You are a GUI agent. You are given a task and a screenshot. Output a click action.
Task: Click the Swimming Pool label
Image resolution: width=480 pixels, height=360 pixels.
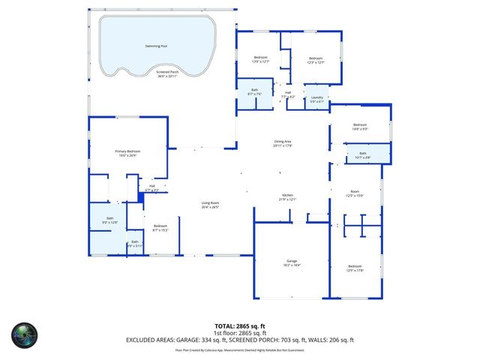tap(157, 46)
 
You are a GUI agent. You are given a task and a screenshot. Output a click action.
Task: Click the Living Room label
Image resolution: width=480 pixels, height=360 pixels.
tap(209, 205)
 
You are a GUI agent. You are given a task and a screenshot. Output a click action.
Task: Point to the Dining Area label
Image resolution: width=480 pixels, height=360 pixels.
tap(282, 143)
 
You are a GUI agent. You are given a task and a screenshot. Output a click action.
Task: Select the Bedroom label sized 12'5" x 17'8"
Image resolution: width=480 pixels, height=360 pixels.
tap(355, 268)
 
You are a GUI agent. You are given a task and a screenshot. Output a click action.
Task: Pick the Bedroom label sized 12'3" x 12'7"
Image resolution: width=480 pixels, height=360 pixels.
tap(316, 60)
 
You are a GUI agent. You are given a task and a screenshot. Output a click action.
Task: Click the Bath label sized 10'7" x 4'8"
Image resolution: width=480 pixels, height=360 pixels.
tap(363, 155)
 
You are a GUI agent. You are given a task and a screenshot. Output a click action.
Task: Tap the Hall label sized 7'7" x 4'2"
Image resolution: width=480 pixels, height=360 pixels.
tap(288, 94)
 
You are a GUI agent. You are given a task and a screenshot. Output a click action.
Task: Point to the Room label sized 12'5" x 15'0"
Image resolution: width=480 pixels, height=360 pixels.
tap(354, 193)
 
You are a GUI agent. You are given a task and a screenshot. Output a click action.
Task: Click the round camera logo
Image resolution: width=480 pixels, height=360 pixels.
tap(23, 334)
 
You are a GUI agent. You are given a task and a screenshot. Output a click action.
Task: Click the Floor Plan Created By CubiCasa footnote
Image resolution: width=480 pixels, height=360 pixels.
tap(240, 349)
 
